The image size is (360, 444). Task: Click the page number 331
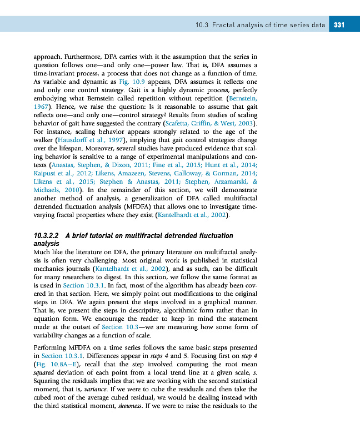(x=339, y=25)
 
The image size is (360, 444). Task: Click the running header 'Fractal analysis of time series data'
(x=267, y=25)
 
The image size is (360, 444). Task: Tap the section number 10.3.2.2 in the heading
(x=47, y=236)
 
